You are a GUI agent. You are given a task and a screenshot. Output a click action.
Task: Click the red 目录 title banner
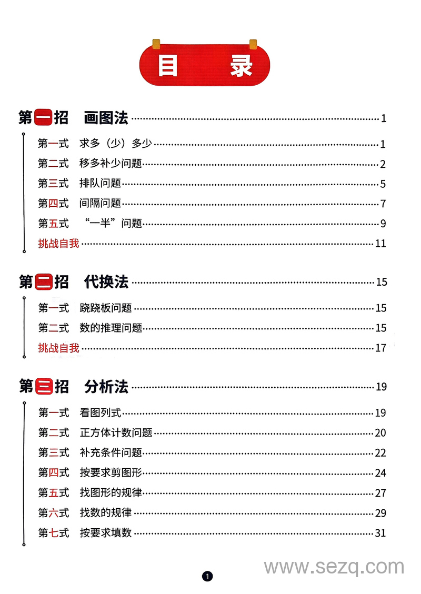[205, 65]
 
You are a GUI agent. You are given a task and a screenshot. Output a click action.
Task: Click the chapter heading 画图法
[106, 118]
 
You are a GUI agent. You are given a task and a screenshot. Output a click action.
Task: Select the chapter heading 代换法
[106, 282]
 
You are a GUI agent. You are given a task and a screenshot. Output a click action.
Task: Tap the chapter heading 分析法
[106, 387]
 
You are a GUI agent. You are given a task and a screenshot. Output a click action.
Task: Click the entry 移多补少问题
[111, 164]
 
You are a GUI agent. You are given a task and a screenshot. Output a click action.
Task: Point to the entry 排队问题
[100, 184]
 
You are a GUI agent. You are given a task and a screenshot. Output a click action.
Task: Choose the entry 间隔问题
[100, 204]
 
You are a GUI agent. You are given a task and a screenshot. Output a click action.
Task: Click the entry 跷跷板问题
[105, 308]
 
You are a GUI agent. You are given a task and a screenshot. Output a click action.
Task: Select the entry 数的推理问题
[111, 328]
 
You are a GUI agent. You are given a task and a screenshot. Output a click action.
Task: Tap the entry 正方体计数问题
[116, 433]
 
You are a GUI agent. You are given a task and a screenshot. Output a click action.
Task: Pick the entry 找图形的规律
[111, 493]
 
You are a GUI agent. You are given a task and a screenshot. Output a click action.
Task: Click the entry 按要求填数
[105, 533]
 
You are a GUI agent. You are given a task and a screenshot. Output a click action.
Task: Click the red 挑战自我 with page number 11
[58, 244]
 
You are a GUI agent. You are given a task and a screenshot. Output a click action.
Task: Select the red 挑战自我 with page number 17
[58, 348]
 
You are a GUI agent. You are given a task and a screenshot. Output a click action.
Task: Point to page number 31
[380, 533]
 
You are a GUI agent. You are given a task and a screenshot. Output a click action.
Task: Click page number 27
[380, 493]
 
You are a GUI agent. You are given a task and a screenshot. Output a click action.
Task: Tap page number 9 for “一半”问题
[384, 224]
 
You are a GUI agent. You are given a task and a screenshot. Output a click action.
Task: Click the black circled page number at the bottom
[208, 577]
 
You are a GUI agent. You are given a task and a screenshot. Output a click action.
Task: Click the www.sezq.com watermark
[334, 567]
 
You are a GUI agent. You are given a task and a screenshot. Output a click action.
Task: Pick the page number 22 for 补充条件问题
[380, 453]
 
